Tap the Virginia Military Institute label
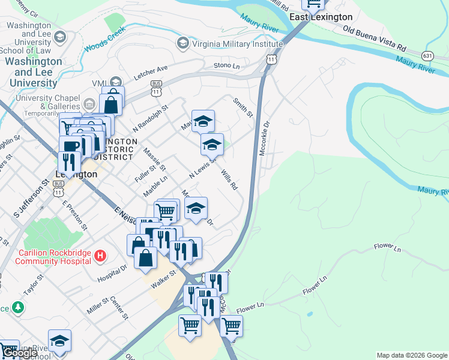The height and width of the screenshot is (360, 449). (237, 43)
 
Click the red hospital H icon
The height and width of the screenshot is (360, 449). (101, 256)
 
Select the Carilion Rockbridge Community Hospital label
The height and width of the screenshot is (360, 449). (53, 256)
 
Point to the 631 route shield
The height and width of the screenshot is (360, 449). (427, 55)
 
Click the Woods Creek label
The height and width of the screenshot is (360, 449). (105, 39)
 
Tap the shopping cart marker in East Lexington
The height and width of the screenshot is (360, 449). (313, 5)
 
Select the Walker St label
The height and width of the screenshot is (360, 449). (163, 278)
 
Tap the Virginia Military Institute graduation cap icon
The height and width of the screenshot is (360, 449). (182, 43)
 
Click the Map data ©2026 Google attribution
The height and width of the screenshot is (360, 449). (412, 355)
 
